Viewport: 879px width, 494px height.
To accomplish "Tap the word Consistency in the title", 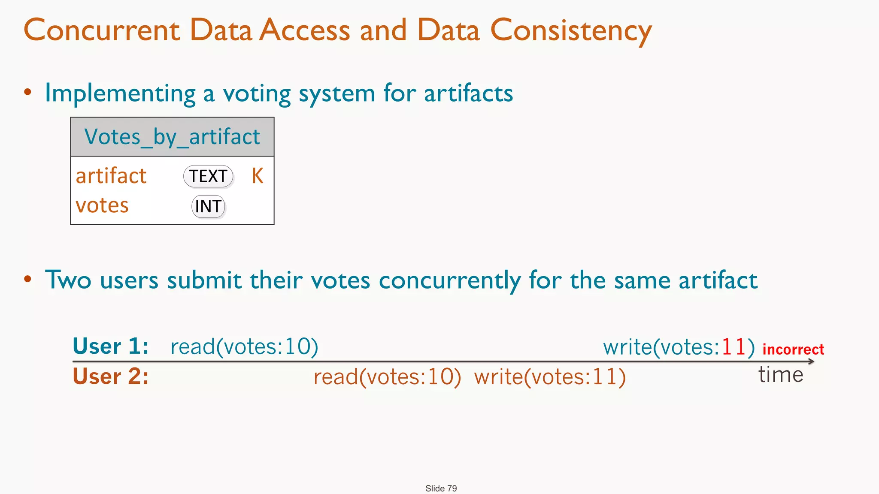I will pyautogui.click(x=571, y=31).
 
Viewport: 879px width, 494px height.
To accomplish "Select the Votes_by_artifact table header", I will pyautogui.click(x=172, y=137).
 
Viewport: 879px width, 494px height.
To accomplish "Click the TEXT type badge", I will pyautogui.click(x=208, y=176).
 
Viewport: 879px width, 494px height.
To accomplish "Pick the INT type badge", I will pyautogui.click(x=208, y=206).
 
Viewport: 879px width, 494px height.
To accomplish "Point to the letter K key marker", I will pyautogui.click(x=257, y=176).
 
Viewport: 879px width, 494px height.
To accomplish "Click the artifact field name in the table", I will pyautogui.click(x=111, y=176).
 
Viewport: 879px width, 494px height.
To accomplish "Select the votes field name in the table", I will pyautogui.click(x=102, y=205).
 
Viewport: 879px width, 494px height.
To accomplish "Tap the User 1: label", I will pyautogui.click(x=111, y=346).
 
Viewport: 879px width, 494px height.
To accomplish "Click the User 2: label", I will pyautogui.click(x=111, y=377).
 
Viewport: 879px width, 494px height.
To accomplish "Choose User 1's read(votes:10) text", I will pyautogui.click(x=244, y=346).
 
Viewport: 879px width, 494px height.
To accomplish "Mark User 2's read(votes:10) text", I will pyautogui.click(x=387, y=377).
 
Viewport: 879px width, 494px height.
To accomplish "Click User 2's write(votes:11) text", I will pyautogui.click(x=550, y=377).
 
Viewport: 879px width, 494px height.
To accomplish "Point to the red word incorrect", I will pyautogui.click(x=793, y=349).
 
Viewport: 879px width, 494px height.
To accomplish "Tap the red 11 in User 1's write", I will pyautogui.click(x=734, y=346).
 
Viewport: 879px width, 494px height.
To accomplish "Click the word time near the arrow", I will pyautogui.click(x=781, y=374).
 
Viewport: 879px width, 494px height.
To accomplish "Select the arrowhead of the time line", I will pyautogui.click(x=811, y=361).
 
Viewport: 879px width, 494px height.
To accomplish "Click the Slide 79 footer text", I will pyautogui.click(x=441, y=488).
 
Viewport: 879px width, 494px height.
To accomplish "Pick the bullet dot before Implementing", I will pyautogui.click(x=28, y=92).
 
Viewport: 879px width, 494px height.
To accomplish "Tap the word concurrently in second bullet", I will pyautogui.click(x=450, y=280).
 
